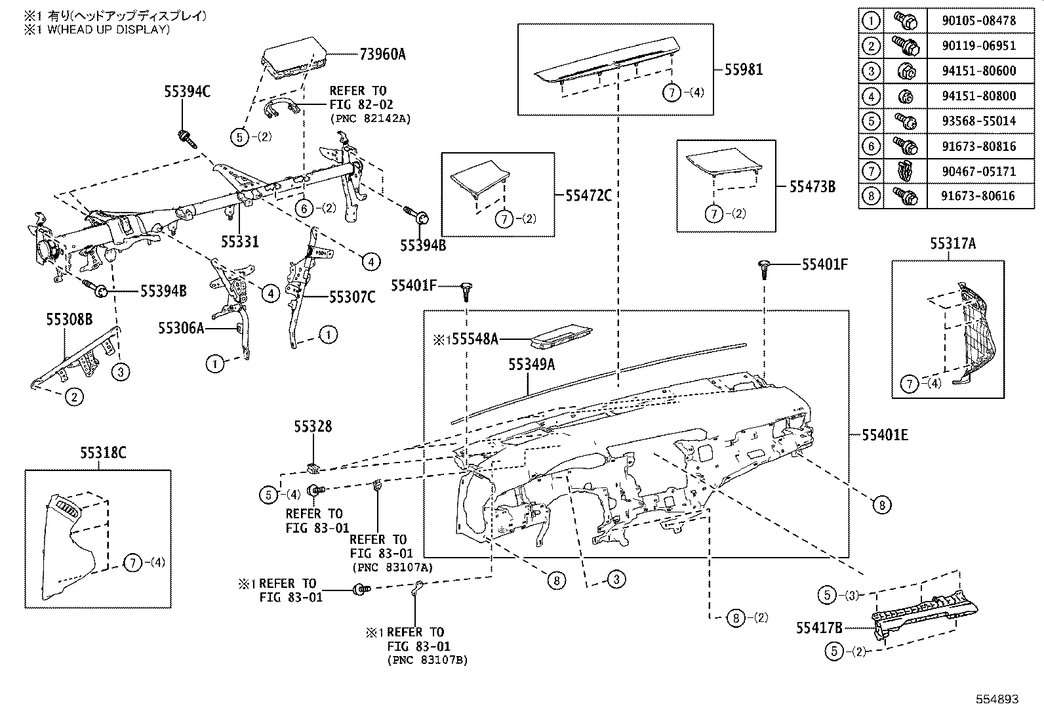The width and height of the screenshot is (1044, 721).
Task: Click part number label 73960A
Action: tap(382, 54)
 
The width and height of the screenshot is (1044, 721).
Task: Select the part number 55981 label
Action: tap(744, 70)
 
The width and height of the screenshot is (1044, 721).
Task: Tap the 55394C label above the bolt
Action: tap(187, 92)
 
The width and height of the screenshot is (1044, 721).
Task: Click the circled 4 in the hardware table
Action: tap(870, 96)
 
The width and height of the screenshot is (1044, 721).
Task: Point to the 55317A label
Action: tap(952, 244)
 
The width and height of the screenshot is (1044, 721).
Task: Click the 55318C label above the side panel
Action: tap(103, 453)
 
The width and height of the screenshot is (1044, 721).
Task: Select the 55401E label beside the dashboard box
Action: tap(885, 435)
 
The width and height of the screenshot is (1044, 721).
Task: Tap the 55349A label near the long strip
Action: tap(531, 364)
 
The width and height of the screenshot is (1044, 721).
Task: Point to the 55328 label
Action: tap(313, 427)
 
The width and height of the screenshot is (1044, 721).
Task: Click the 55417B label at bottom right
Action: tap(819, 628)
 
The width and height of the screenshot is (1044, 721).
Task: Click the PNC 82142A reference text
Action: tap(370, 119)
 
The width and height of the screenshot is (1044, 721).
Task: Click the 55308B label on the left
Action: tap(69, 320)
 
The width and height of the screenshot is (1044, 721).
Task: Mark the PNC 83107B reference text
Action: tap(427, 660)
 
